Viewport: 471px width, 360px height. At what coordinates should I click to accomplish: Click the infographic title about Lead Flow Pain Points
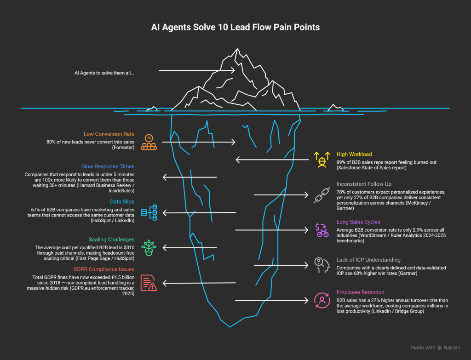(235, 27)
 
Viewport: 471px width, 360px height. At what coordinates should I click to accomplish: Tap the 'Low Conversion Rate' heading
(109, 134)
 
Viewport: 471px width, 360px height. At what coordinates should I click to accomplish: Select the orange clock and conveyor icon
(149, 143)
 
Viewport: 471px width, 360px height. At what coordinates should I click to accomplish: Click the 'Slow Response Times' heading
(108, 166)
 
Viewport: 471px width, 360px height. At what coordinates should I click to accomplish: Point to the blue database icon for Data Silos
(149, 212)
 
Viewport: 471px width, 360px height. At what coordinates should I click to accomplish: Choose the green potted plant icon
(149, 248)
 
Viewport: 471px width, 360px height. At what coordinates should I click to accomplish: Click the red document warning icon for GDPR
(149, 283)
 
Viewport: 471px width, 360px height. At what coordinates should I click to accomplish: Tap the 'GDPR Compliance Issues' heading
(104, 269)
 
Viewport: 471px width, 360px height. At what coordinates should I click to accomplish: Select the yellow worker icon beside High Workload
(322, 160)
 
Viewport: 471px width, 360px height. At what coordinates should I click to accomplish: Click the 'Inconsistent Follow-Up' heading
(364, 184)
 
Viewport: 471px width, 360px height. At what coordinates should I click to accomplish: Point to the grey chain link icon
(322, 195)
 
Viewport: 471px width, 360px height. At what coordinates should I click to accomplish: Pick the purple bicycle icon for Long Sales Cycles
(322, 230)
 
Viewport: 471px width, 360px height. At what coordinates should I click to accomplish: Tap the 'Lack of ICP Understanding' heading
(368, 260)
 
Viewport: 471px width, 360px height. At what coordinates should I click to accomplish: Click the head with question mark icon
(322, 265)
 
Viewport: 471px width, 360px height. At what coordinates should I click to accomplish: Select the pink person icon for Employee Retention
(322, 300)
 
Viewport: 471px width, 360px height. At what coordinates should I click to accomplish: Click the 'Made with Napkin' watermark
(435, 348)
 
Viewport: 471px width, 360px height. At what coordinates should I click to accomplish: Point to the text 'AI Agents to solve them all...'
(104, 73)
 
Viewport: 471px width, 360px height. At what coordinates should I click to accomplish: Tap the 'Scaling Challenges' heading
(111, 240)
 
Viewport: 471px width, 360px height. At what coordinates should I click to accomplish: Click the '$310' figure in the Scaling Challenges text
(129, 248)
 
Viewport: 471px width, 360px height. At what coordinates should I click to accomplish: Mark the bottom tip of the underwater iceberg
(230, 327)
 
